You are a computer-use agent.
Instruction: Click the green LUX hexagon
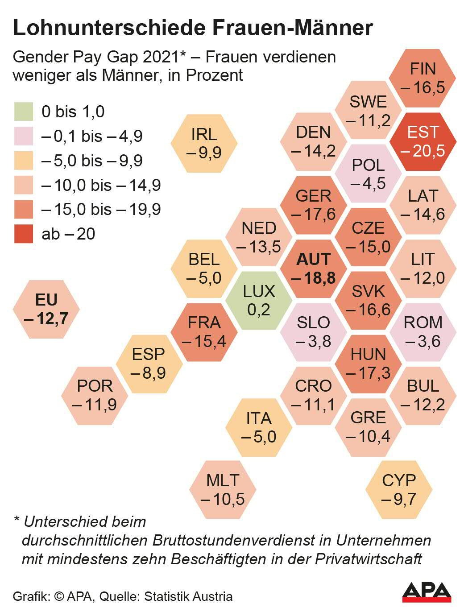coord(259,300)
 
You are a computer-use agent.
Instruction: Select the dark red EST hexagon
coord(423,141)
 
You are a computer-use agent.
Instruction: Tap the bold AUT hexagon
coord(314,269)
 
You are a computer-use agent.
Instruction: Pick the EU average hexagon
coord(46,309)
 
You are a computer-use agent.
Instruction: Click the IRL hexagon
coord(204,143)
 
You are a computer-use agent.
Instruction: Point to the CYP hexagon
coord(399,490)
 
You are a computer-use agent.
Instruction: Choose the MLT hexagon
coord(223,490)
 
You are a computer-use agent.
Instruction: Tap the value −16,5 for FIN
coord(423,87)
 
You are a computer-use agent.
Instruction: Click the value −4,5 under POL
coord(368,183)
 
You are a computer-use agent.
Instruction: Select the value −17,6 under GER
coord(314,214)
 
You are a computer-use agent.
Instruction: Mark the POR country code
coord(95,386)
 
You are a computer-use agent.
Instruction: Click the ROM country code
coord(423,322)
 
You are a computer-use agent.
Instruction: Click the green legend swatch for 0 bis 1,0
coord(23,112)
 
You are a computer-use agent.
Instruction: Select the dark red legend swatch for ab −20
coord(23,234)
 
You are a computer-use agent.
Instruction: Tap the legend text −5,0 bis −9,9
coord(92,161)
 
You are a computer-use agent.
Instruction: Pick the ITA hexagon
coord(259,427)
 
